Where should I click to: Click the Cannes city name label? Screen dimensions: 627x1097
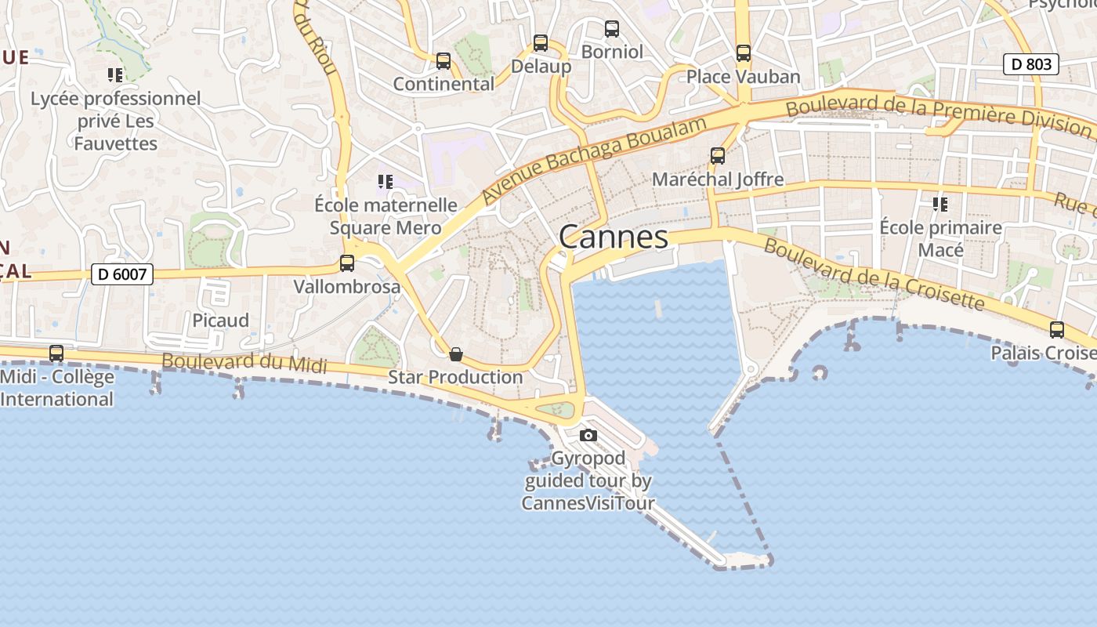tap(614, 237)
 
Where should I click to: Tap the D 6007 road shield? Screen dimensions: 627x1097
tap(121, 274)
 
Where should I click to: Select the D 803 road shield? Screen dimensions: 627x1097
tap(1031, 64)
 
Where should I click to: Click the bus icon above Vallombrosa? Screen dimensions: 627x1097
tap(347, 263)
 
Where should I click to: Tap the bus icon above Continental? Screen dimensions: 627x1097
tap(444, 60)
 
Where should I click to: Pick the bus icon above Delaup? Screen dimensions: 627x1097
tap(541, 42)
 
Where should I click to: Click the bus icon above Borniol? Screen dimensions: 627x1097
tap(612, 29)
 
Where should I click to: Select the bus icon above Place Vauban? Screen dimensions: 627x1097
tap(744, 53)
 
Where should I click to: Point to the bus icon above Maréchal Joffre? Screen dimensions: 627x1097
tap(718, 156)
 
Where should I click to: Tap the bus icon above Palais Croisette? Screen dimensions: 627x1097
tap(1057, 330)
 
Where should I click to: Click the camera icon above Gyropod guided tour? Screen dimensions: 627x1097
tap(588, 436)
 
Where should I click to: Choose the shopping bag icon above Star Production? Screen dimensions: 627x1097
tap(456, 354)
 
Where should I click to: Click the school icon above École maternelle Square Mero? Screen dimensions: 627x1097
tap(385, 182)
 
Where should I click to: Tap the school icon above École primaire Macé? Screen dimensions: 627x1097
tap(940, 205)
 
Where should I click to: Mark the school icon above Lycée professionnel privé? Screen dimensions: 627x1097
tap(115, 75)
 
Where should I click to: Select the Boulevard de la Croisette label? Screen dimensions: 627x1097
tap(873, 274)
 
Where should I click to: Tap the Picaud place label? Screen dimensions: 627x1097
tap(221, 321)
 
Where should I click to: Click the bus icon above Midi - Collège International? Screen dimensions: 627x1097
tap(56, 353)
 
